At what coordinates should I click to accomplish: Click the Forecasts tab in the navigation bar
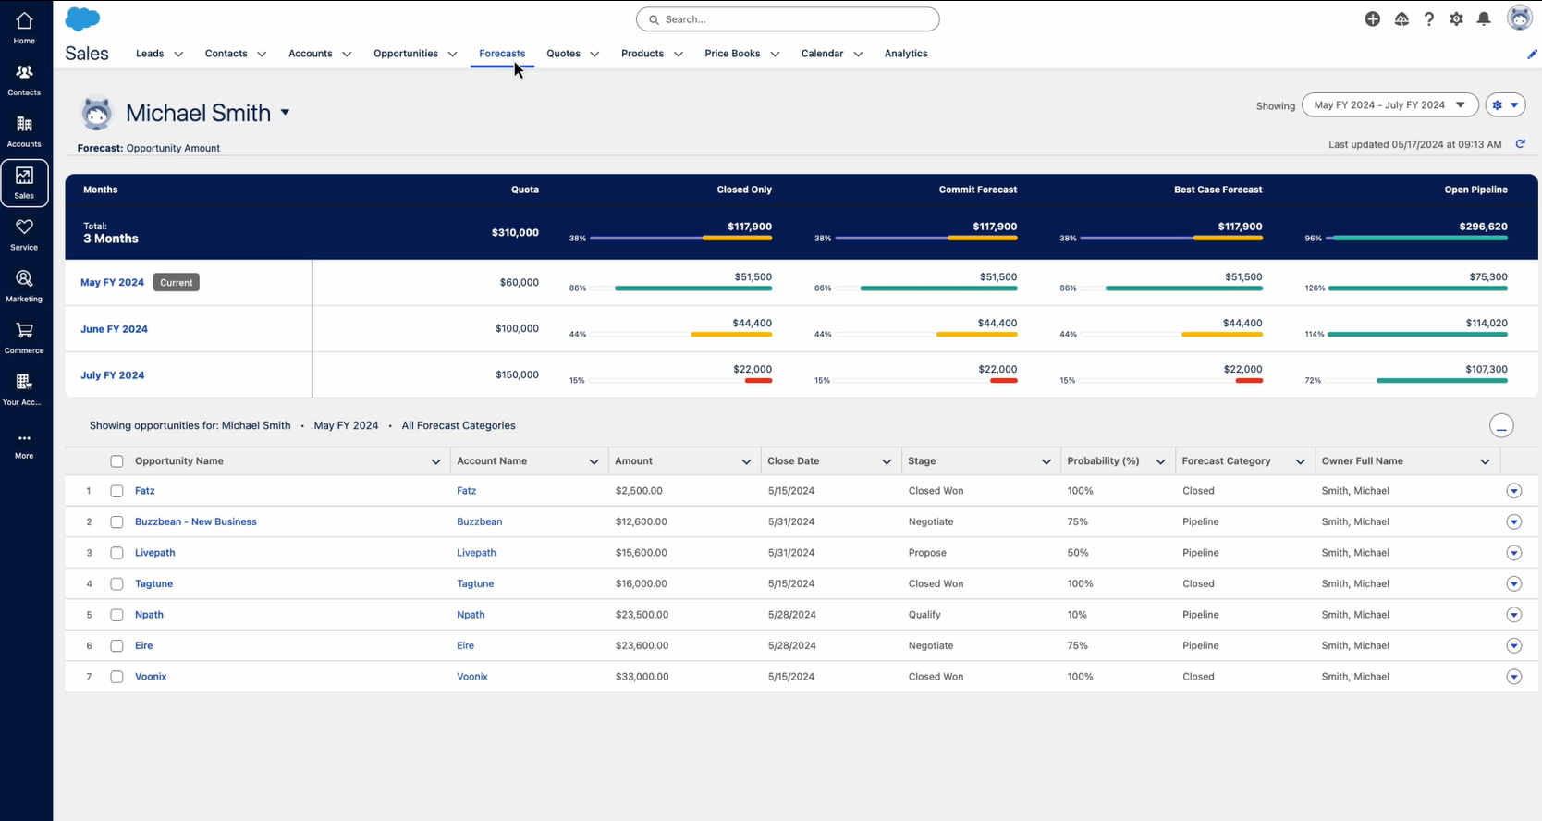[x=502, y=54]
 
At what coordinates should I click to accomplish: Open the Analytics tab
[x=905, y=54]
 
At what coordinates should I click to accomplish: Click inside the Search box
[x=788, y=19]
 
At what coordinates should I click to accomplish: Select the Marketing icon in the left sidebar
[x=24, y=286]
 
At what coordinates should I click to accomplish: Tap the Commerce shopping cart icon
[x=24, y=331]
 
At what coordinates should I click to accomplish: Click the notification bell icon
[x=1484, y=19]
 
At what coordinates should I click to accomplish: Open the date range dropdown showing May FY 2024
[x=1389, y=105]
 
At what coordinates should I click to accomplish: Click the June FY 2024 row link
[x=114, y=329]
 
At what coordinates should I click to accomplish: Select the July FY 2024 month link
[x=112, y=375]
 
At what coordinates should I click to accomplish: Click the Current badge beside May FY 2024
[x=176, y=283]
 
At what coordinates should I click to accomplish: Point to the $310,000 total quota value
[x=515, y=233]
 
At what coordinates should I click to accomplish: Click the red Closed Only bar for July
[x=758, y=381]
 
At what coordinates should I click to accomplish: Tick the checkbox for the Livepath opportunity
[x=116, y=553]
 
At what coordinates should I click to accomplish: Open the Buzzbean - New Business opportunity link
[x=195, y=522]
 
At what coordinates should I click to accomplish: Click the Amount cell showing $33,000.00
[x=642, y=677]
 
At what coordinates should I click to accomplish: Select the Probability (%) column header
[x=1103, y=461]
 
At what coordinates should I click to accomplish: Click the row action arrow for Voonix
[x=1513, y=677]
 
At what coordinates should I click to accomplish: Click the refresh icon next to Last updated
[x=1520, y=144]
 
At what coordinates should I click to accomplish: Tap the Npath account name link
[x=471, y=615]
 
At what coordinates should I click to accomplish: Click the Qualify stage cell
[x=924, y=615]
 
